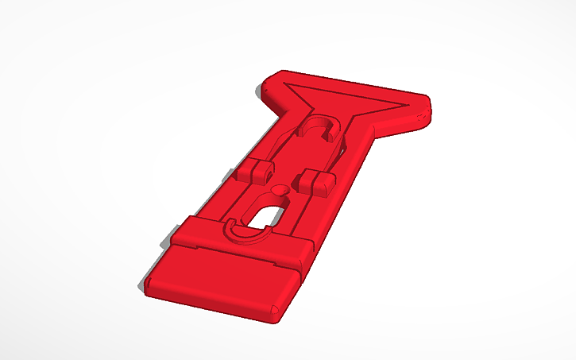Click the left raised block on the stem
pos(253,171)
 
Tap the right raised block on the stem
pos(315,181)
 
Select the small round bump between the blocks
pos(280,190)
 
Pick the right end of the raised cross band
pos(307,253)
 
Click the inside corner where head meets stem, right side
pos(367,131)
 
